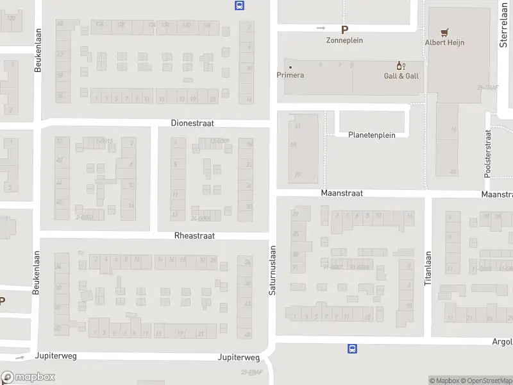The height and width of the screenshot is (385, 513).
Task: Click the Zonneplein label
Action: pyautogui.click(x=345, y=40)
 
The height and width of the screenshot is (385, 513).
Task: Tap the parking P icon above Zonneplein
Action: pyautogui.click(x=345, y=29)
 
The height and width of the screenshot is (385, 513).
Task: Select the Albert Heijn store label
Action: pyautogui.click(x=444, y=42)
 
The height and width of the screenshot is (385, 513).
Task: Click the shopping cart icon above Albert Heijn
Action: pyautogui.click(x=444, y=31)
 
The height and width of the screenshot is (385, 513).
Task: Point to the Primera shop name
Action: pyautogui.click(x=290, y=75)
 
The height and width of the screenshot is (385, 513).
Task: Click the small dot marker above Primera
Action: pyautogui.click(x=290, y=67)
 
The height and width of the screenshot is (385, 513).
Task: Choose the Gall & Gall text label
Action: pyautogui.click(x=401, y=76)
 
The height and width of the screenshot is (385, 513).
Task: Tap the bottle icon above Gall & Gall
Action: pyautogui.click(x=401, y=65)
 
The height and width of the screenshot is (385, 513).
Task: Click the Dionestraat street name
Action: pyautogui.click(x=192, y=123)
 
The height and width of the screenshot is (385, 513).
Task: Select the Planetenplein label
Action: pyautogui.click(x=372, y=135)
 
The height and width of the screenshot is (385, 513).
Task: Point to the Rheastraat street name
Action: pyautogui.click(x=194, y=235)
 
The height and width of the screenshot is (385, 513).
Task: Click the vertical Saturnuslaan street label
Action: pyautogui.click(x=273, y=270)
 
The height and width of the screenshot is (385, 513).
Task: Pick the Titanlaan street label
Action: pyautogui.click(x=428, y=268)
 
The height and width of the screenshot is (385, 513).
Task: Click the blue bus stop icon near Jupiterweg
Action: pyautogui.click(x=352, y=349)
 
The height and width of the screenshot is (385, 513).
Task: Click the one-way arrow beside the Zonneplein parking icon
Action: pyautogui.click(x=321, y=28)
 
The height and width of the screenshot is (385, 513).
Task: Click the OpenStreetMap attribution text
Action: pyautogui.click(x=485, y=381)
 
